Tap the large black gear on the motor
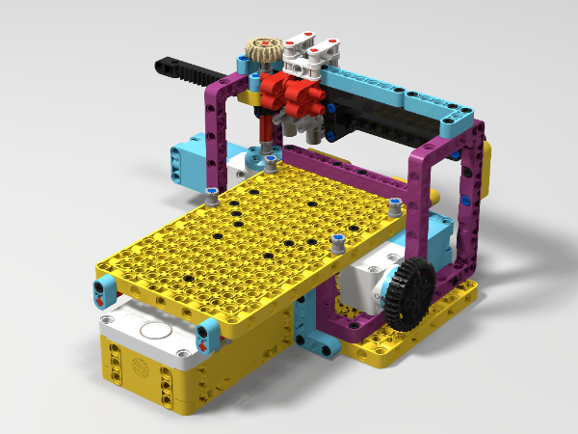408,292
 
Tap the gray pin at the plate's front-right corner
337,241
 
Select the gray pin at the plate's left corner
211,199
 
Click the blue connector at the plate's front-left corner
102,286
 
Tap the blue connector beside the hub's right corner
207,335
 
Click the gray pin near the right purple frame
394,203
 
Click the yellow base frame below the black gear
424,328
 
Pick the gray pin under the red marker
272,155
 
